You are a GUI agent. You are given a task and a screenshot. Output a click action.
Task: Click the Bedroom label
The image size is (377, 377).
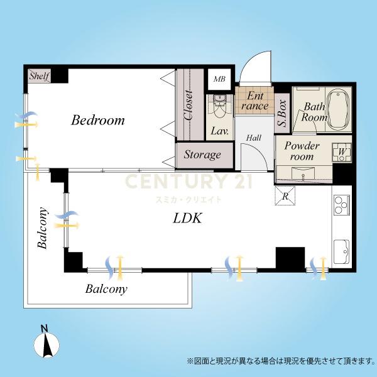(98, 120)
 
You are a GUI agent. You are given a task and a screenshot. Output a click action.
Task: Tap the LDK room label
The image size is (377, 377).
(187, 218)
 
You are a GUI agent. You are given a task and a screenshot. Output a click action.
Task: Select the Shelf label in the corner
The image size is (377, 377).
(40, 76)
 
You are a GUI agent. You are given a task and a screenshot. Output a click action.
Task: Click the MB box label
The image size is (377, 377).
(219, 79)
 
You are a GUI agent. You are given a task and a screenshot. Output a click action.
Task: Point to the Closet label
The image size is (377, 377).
(188, 105)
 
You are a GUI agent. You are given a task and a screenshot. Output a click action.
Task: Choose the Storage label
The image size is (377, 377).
(202, 155)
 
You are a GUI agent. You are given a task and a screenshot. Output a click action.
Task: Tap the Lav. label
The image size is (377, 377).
(219, 131)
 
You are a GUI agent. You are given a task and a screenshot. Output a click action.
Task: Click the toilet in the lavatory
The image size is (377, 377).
(219, 106)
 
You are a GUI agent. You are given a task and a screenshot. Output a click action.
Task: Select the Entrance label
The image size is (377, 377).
(254, 101)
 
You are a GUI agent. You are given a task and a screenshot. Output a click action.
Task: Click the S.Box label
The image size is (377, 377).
(282, 113)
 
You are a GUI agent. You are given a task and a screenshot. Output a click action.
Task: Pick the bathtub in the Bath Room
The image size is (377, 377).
(338, 109)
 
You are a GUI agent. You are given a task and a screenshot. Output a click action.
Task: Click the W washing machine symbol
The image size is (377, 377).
(342, 152)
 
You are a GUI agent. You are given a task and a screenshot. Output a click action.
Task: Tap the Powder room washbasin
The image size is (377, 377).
(303, 173)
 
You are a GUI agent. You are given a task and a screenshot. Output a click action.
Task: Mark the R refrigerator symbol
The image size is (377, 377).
(285, 196)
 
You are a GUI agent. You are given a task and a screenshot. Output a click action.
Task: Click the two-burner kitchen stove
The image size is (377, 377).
(342, 205)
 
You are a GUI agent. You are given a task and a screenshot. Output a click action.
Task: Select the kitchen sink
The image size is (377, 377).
(342, 251)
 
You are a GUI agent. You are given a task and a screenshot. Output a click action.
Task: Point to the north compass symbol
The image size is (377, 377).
(46, 343)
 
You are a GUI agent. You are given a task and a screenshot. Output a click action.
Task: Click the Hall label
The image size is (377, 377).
(254, 138)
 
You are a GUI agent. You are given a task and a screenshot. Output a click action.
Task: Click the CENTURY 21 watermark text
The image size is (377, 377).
(188, 182)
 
